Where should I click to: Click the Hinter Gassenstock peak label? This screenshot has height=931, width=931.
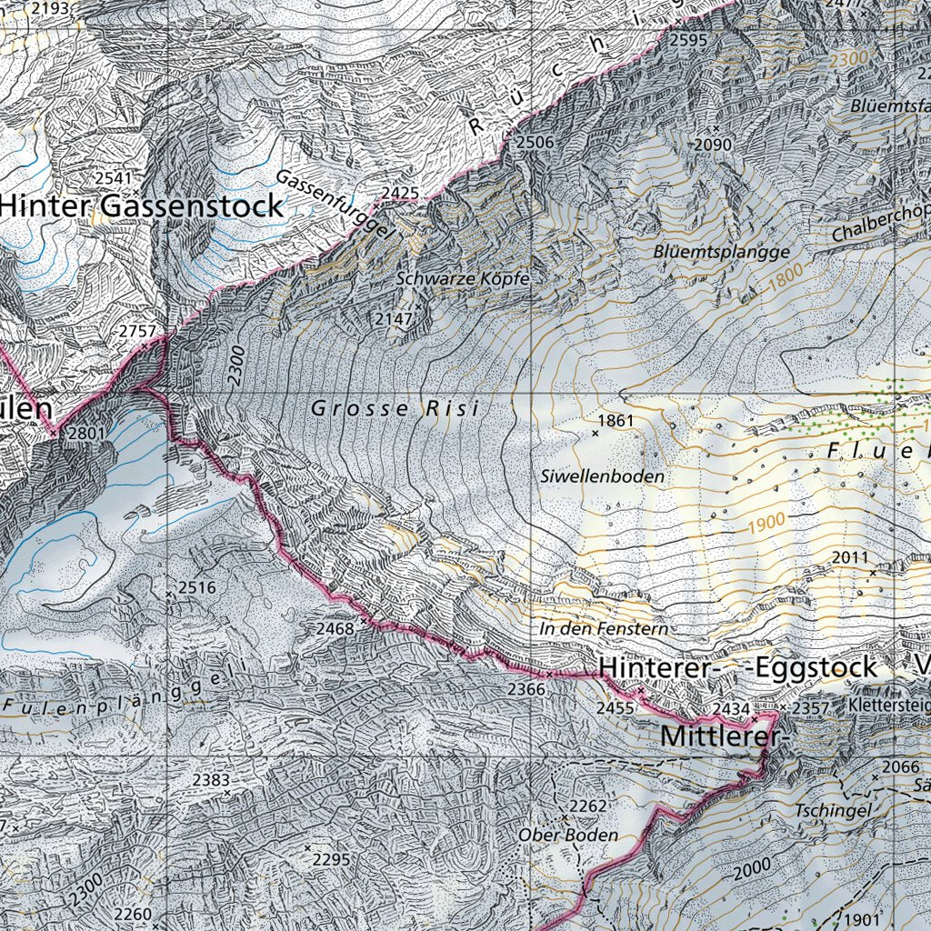click(141, 206)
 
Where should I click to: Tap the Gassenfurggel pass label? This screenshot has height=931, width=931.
click(335, 205)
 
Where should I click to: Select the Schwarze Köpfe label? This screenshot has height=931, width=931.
click(463, 279)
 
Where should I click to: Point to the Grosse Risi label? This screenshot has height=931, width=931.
click(395, 409)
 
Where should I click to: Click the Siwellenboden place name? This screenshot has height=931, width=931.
click(601, 476)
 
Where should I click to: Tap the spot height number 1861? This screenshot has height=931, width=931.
click(616, 421)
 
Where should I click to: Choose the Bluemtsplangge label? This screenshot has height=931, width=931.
click(721, 252)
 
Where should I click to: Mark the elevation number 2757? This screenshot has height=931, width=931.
click(137, 332)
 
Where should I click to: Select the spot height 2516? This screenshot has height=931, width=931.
click(196, 587)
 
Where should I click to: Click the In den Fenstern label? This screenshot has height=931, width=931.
click(603, 629)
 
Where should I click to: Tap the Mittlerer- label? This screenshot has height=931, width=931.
click(720, 735)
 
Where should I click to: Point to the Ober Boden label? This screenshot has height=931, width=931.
click(568, 835)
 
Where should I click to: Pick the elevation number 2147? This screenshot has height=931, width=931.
click(393, 319)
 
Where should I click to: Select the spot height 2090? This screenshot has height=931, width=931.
click(713, 145)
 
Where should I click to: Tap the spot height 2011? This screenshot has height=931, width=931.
click(850, 557)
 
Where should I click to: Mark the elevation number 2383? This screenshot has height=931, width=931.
click(211, 780)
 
